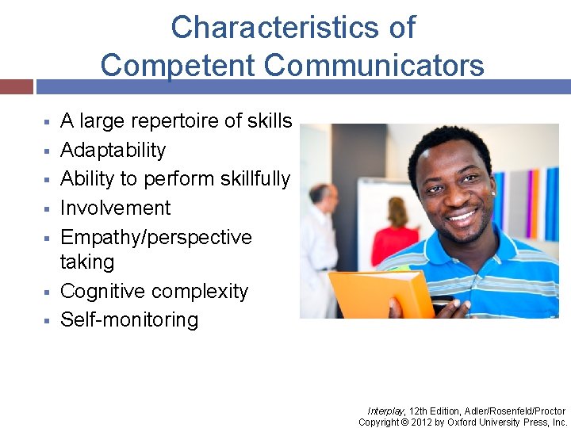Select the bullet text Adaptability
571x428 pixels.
[113, 150]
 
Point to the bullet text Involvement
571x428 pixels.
[115, 208]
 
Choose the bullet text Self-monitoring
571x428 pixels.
[129, 320]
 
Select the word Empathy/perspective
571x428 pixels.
[155, 237]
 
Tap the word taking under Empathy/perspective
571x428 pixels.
[86, 262]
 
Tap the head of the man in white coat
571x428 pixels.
[320, 193]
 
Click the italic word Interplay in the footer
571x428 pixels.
[386, 411]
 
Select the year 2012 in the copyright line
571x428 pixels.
[424, 422]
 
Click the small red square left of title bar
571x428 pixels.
[16, 86]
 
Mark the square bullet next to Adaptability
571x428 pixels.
[47, 151]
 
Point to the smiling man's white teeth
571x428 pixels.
[462, 215]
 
